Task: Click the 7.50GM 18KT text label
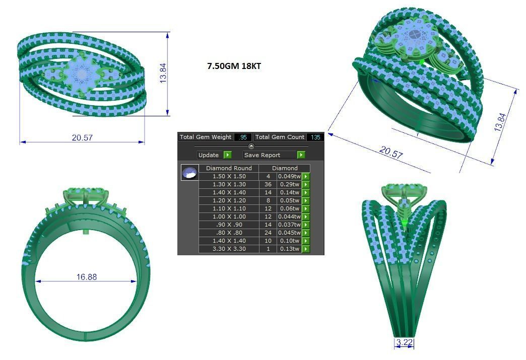(x=234, y=66)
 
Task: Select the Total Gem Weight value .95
(x=243, y=137)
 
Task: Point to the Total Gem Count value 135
(x=315, y=137)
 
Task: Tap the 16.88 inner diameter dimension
(x=86, y=276)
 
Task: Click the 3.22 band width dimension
(x=404, y=343)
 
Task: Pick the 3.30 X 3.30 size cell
(x=229, y=249)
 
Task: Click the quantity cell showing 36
(x=268, y=184)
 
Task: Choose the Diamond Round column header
(x=229, y=168)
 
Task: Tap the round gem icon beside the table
(x=189, y=173)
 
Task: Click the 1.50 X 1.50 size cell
(x=229, y=176)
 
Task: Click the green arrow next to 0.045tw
(x=306, y=233)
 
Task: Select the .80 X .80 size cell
(x=229, y=233)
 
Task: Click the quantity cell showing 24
(x=268, y=233)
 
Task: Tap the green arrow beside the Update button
(x=227, y=155)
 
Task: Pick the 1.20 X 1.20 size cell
(x=229, y=200)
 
